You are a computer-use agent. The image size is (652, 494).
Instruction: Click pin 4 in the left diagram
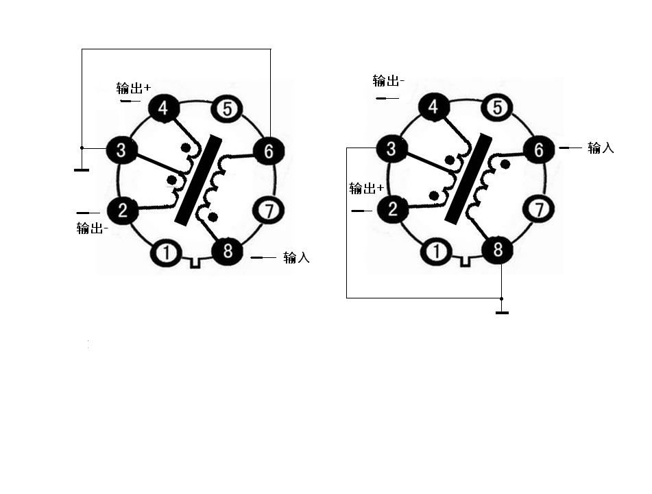pyautogui.click(x=163, y=108)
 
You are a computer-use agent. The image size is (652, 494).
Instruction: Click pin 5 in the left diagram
pyautogui.click(x=227, y=109)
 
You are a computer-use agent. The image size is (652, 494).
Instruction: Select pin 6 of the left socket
pyautogui.click(x=268, y=151)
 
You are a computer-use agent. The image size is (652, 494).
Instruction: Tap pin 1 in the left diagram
pyautogui.click(x=166, y=252)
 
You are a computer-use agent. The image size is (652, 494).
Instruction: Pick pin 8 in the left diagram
pyautogui.click(x=228, y=250)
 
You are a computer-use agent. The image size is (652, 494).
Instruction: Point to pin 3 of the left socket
pyautogui.click(x=121, y=150)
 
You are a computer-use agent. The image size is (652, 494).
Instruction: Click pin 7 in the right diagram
pyautogui.click(x=539, y=209)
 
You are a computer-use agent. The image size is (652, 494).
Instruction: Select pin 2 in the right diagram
pyautogui.click(x=393, y=209)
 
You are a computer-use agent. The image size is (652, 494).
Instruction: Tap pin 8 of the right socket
pyautogui.click(x=498, y=250)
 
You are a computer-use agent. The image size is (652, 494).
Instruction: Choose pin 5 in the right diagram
pyautogui.click(x=497, y=108)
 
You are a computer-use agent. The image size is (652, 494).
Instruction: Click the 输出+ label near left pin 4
pyautogui.click(x=134, y=88)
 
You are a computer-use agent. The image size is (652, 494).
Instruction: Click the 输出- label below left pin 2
pyautogui.click(x=93, y=228)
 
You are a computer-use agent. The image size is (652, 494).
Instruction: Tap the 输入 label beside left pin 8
pyautogui.click(x=296, y=257)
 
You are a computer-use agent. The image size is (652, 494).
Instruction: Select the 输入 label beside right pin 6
pyautogui.click(x=601, y=148)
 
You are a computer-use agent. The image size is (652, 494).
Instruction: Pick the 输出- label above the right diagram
pyautogui.click(x=389, y=81)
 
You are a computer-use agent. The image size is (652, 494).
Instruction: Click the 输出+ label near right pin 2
pyautogui.click(x=366, y=189)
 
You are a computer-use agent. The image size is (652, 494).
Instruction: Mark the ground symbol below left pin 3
pyautogui.click(x=82, y=169)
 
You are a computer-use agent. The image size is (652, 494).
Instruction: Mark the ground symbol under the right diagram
pyautogui.click(x=502, y=312)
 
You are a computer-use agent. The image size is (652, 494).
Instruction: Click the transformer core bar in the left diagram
pyautogui.click(x=198, y=180)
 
